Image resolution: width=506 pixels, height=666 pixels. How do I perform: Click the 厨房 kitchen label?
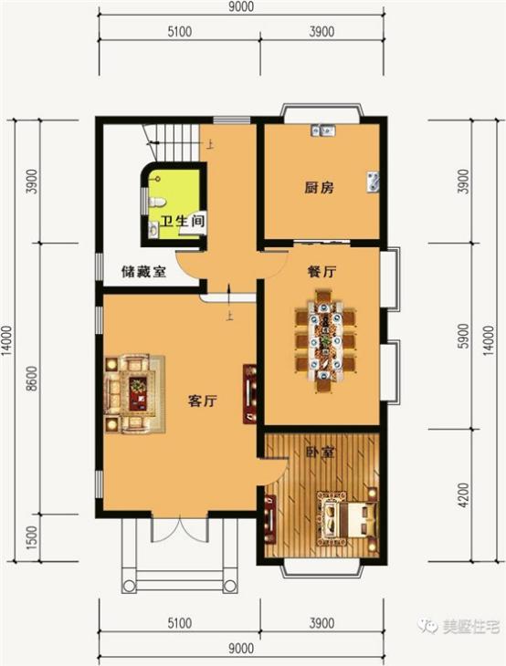click(x=319, y=189)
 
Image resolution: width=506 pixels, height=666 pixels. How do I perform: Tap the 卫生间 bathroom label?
click(x=183, y=222)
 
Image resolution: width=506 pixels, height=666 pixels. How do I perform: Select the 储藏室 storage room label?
click(x=143, y=271)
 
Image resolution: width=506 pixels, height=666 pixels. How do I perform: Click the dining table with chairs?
click(x=324, y=338)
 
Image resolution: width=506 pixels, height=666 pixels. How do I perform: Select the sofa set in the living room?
click(x=132, y=390)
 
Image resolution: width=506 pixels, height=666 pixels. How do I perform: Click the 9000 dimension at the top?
click(x=241, y=8)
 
